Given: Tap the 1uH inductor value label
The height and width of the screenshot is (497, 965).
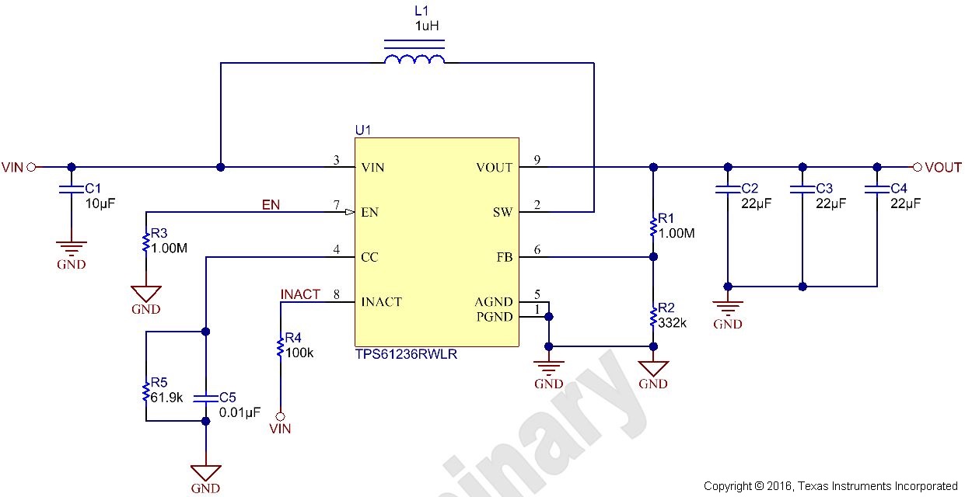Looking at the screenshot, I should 427,26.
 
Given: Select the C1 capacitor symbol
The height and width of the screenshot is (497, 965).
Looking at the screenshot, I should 72,189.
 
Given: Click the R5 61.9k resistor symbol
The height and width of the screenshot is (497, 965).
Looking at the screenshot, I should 145,391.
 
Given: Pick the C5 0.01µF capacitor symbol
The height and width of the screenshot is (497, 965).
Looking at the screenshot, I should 205,397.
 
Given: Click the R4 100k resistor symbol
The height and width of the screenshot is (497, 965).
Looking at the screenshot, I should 280,346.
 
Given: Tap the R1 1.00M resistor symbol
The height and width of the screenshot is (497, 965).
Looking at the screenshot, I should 653,226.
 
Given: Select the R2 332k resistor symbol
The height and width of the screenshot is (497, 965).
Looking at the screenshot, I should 653,317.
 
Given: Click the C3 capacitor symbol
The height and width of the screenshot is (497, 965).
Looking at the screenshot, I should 802,189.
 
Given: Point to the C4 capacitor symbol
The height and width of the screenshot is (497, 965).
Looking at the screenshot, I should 877,189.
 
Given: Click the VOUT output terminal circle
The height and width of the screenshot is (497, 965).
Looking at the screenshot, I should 917,167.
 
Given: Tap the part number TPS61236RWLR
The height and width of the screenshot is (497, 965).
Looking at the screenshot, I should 406,355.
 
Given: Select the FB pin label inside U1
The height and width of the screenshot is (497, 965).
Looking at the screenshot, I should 504,257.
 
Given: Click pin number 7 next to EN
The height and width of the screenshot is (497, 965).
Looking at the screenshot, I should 336,206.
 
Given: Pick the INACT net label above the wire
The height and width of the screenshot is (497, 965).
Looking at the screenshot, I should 300,294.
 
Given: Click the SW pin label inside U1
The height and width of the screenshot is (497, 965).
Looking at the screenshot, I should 502,213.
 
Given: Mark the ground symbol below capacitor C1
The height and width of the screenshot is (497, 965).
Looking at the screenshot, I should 72,249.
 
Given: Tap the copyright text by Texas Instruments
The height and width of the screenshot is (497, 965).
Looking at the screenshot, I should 830,487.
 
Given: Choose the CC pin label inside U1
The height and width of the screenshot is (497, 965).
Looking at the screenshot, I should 370,257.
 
